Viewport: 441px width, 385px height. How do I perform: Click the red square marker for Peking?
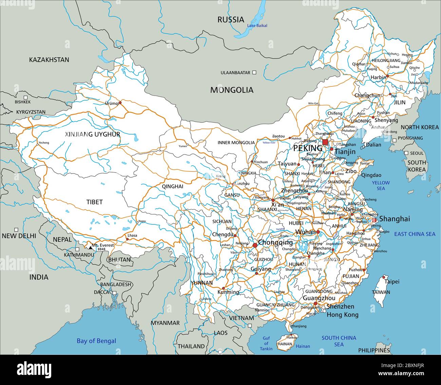(325, 142)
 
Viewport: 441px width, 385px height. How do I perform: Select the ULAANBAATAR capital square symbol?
(254, 73)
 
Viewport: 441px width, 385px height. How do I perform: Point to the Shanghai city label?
(394, 219)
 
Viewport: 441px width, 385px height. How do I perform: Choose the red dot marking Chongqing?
(255, 245)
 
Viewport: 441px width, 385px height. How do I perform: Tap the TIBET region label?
(94, 202)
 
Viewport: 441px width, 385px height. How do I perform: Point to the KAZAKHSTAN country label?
(49, 60)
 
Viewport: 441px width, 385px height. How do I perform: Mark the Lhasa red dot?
(128, 239)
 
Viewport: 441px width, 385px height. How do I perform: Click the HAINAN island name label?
(285, 344)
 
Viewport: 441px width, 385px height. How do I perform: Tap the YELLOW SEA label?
(381, 185)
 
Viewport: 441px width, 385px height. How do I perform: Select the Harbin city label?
(378, 77)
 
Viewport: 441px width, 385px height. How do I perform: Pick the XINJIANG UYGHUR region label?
(93, 135)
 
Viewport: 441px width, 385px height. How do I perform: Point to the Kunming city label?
(228, 292)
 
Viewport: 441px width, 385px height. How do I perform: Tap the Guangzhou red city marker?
(315, 304)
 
